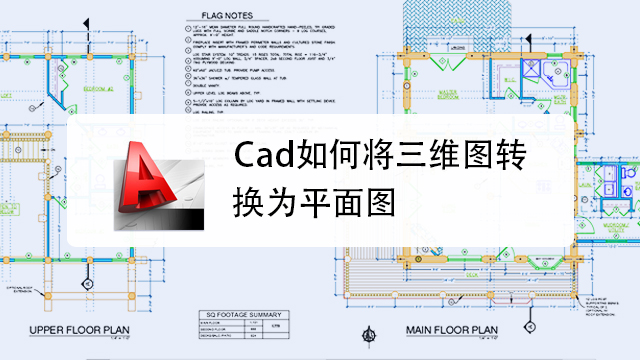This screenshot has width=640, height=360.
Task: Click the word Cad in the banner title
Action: click(257, 158)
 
